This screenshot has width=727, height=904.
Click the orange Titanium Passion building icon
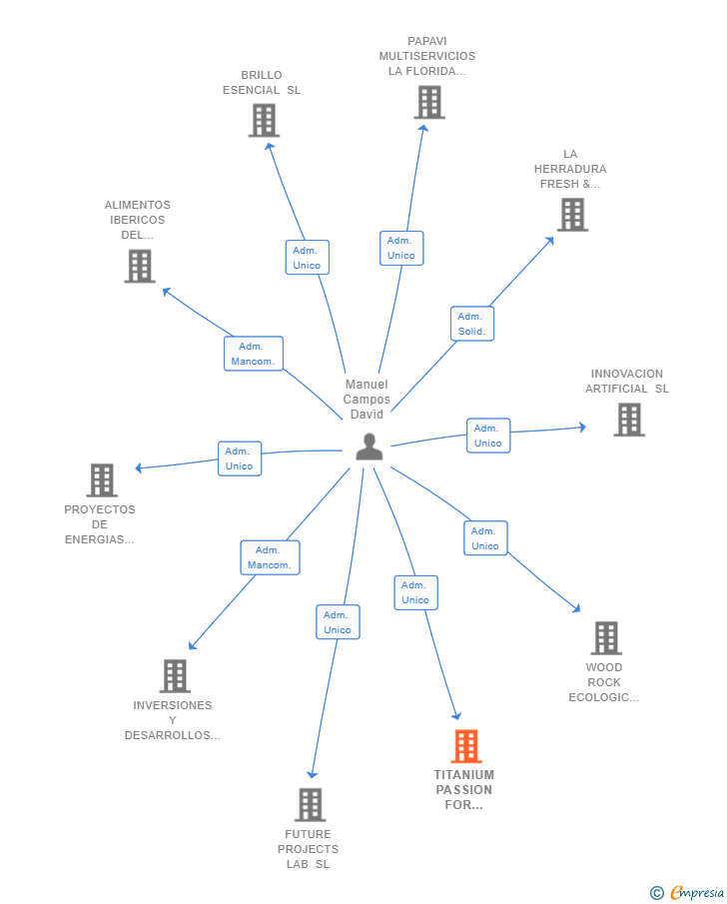coord(466,746)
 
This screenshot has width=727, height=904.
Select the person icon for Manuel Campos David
coord(369,447)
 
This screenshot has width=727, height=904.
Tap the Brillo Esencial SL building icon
coord(264,121)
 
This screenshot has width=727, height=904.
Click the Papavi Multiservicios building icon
coord(429,102)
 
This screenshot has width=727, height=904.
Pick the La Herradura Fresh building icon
coord(572,214)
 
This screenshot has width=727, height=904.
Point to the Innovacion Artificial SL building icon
coord(629,420)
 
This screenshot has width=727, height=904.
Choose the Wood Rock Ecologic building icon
coord(606,637)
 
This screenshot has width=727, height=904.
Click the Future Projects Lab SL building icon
coord(311,804)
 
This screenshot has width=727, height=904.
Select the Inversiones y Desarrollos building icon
coord(175,676)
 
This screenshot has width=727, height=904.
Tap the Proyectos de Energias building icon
coord(102,480)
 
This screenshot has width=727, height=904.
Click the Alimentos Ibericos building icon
coord(140,266)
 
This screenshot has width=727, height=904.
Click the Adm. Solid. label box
coord(471,324)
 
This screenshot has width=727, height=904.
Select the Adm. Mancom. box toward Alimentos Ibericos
coord(253,354)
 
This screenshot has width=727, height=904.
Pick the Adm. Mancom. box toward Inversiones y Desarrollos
coord(270,557)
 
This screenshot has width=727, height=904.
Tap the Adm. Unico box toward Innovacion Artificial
coord(488,436)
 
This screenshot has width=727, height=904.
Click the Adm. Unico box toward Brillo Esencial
coord(307,258)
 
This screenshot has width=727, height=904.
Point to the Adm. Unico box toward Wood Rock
coord(485,538)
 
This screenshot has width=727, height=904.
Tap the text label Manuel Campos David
coord(366,400)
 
